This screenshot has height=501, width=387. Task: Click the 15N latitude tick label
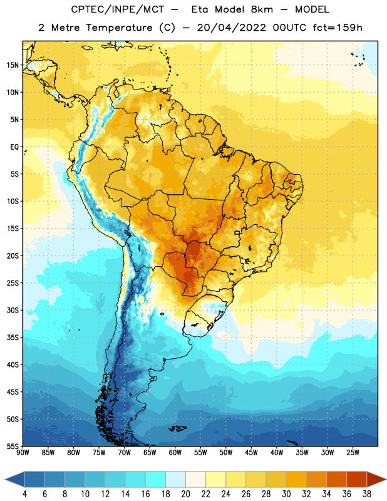pyautogui.click(x=13, y=65)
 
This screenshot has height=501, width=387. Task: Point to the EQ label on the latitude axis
pyautogui.click(x=14, y=147)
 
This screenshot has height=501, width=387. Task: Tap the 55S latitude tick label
pyautogui.click(x=13, y=447)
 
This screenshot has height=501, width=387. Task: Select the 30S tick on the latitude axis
pyautogui.click(x=13, y=310)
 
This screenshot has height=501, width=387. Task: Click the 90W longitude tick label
pyautogui.click(x=23, y=453)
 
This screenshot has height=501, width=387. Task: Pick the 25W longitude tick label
pyautogui.click(x=353, y=453)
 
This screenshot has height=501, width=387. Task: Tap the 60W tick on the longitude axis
pyautogui.click(x=175, y=453)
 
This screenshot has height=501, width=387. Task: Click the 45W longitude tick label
pyautogui.click(x=251, y=453)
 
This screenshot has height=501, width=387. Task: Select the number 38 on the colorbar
pyautogui.click(x=366, y=494)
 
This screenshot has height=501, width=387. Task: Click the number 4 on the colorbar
pyautogui.click(x=24, y=494)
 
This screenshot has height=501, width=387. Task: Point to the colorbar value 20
pyautogui.click(x=185, y=494)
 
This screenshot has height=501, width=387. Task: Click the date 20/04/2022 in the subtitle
pyautogui.click(x=231, y=28)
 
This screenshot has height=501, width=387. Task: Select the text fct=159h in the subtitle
pyautogui.click(x=338, y=28)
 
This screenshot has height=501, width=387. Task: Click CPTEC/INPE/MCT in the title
pyautogui.click(x=117, y=9)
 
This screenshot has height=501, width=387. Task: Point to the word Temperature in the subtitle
pyautogui.click(x=119, y=28)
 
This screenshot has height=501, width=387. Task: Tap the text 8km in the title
pyautogui.click(x=262, y=9)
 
